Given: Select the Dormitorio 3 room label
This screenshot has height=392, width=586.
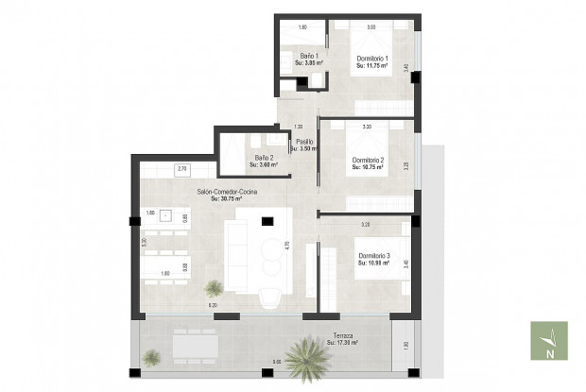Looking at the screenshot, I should [373, 255].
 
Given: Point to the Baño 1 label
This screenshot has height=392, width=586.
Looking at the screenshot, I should [309, 56].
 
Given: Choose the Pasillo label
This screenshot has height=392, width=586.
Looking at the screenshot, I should [304, 143].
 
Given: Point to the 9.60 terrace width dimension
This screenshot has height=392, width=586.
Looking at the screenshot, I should [277, 362].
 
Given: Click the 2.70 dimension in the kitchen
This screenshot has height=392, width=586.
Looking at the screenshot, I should [182, 167].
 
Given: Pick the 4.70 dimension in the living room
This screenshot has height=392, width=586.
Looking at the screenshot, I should [286, 245].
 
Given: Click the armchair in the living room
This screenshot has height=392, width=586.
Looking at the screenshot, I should [268, 297].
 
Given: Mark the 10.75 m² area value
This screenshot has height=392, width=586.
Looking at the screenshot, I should [373, 167].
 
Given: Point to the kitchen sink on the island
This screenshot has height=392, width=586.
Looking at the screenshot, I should [166, 215].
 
